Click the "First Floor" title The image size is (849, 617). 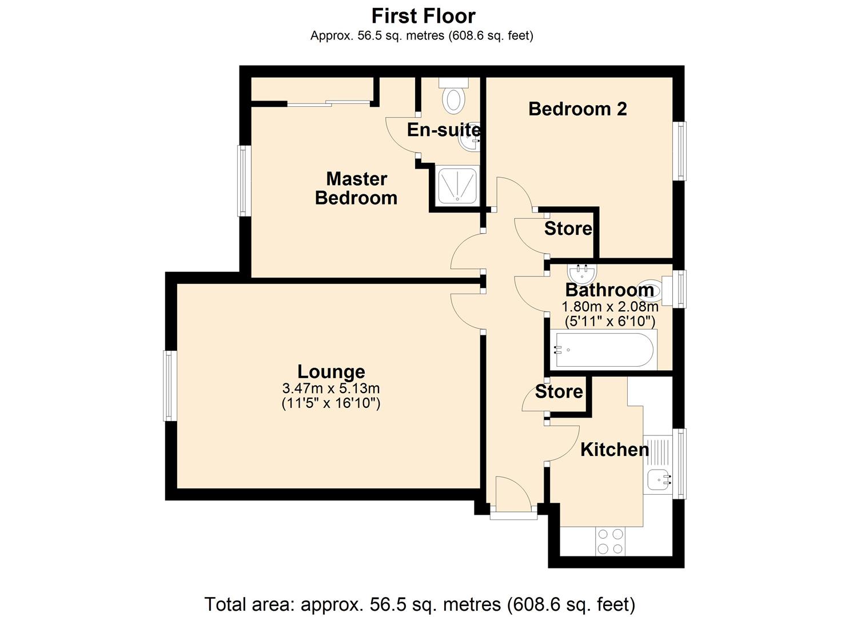point(423,15)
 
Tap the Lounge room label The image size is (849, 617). point(331,371)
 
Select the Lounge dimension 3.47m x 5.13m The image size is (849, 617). point(331,388)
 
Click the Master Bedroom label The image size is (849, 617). point(356,188)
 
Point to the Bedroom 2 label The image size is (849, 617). point(577,109)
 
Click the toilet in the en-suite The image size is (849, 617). point(454,98)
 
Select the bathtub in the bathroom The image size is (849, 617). point(603,350)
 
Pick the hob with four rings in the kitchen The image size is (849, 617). point(609,541)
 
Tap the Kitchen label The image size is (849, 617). point(614,450)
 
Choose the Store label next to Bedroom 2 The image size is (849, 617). point(568,229)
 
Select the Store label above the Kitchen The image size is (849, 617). point(559,392)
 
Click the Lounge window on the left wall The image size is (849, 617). point(170,386)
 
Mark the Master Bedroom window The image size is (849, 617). point(244,181)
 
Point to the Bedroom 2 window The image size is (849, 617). point(679,151)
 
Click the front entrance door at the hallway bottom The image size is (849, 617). point(513,515)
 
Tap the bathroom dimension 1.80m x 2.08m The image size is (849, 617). point(610,307)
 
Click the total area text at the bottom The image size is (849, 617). point(420,604)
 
